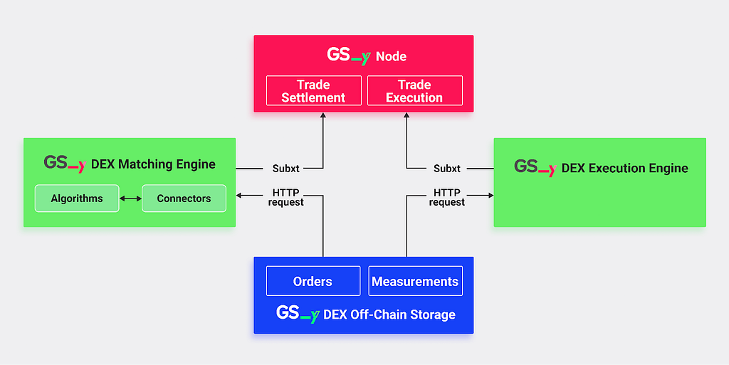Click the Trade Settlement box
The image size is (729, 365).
point(314,90)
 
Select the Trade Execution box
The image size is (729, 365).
point(415,90)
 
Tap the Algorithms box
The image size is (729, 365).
point(77,199)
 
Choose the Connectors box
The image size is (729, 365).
point(184,199)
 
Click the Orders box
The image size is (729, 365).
point(313,281)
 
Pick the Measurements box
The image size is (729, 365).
point(415,281)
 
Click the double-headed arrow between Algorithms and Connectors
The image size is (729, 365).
point(131,199)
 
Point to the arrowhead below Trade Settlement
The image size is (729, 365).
point(323,115)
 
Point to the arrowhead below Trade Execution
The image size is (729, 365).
point(407,115)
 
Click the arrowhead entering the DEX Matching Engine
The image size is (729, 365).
point(239,196)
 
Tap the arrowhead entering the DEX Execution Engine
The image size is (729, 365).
point(491,196)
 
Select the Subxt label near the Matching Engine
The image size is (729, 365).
point(286,169)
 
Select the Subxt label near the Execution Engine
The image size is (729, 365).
point(447,169)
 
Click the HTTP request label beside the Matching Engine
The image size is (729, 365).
point(286,197)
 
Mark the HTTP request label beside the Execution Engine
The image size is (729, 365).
point(447,197)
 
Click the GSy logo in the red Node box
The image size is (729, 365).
point(349,55)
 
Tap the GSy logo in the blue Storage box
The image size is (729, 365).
point(298,314)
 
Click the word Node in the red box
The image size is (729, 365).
point(391,57)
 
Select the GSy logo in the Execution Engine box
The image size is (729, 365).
point(535,168)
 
